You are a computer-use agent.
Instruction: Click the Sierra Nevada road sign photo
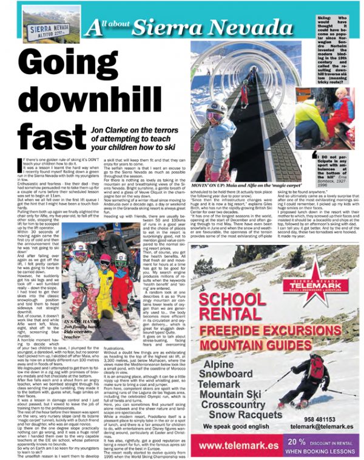pyautogui.click(x=42, y=24)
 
